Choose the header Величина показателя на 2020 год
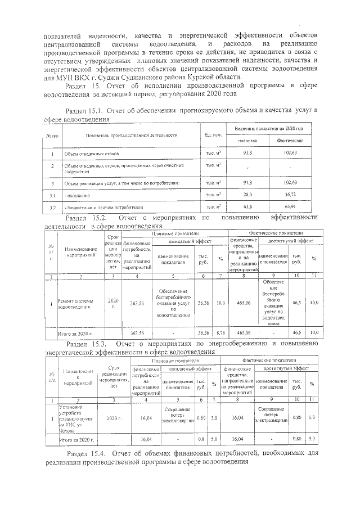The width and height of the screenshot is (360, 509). click(269, 129)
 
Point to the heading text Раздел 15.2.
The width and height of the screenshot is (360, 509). click(85, 217)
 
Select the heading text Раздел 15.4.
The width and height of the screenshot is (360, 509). click(85, 453)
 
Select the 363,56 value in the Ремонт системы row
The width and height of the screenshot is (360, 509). click(137, 303)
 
